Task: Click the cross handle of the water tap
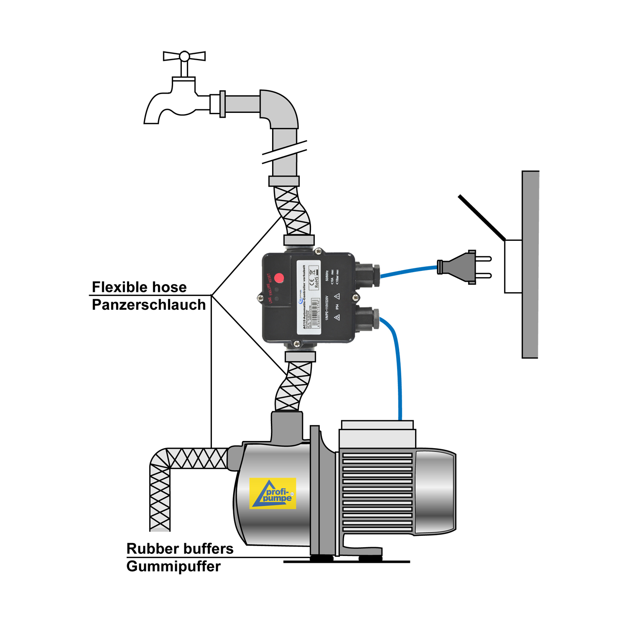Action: (184, 56)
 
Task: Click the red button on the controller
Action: (279, 278)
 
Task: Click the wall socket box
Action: (513, 266)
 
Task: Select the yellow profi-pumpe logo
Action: (273, 493)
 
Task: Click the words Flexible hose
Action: (139, 287)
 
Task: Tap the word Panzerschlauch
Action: (148, 305)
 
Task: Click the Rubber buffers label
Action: (180, 548)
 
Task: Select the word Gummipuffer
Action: (173, 566)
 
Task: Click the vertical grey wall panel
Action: (530, 264)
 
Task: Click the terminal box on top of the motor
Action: (377, 435)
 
